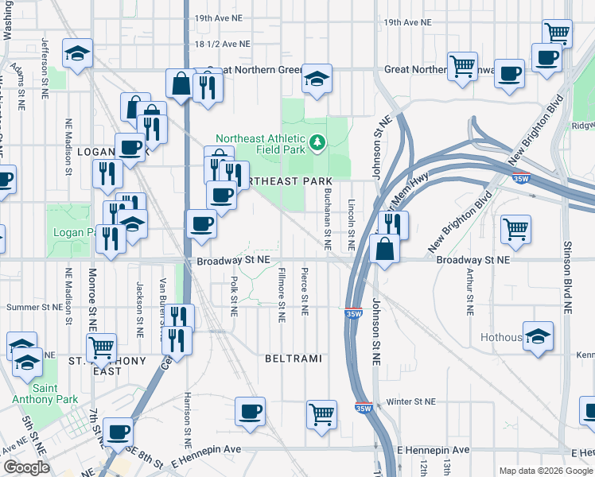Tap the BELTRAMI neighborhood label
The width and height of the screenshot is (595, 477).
point(294,359)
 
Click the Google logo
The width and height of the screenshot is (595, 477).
point(26,467)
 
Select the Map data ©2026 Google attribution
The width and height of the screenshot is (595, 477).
point(545,471)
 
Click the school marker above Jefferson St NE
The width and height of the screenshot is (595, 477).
point(77,54)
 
